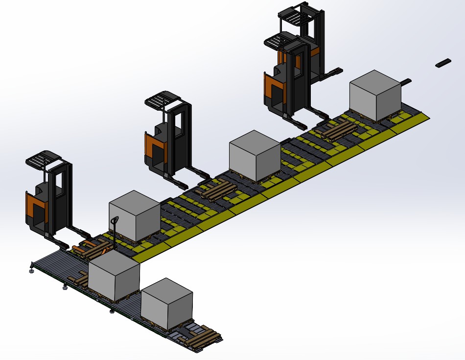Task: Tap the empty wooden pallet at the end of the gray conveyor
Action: tap(201, 339)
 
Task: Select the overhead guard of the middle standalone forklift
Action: tap(163, 100)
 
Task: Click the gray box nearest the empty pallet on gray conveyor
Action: tap(166, 304)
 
